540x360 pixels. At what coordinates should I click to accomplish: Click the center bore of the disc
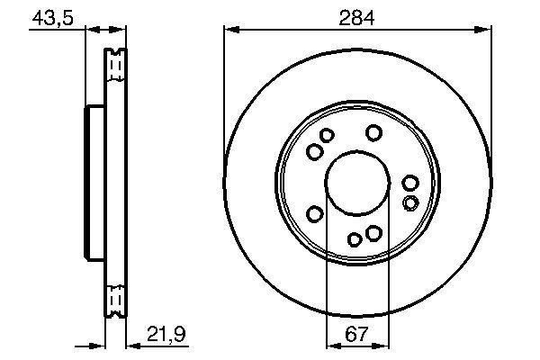357,180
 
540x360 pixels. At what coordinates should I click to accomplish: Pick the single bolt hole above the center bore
373,133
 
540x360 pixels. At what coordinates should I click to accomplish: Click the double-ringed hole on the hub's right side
410,202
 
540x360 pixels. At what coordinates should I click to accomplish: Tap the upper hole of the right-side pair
410,184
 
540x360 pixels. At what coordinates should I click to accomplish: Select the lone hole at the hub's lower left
315,213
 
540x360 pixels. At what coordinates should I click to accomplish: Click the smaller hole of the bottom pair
355,238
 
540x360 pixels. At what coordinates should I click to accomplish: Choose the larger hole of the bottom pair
373,234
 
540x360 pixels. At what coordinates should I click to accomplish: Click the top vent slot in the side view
114,62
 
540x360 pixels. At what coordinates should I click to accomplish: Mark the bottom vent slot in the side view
114,298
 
